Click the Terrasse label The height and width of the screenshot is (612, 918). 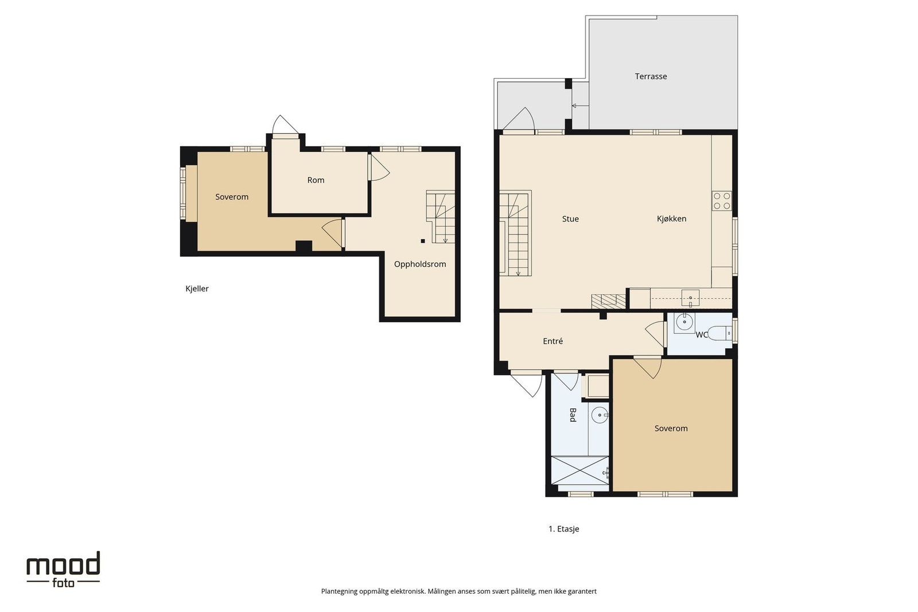(x=651, y=76)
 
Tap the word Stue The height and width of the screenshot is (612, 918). (x=570, y=219)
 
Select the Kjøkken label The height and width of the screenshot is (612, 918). (x=671, y=219)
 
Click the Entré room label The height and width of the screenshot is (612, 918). (x=553, y=341)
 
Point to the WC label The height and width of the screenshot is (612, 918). (x=701, y=334)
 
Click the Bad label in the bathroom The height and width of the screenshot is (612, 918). (x=573, y=415)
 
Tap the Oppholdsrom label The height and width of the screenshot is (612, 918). (x=419, y=264)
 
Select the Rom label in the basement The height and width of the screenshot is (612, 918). (x=316, y=180)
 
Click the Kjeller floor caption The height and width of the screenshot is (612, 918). (x=197, y=289)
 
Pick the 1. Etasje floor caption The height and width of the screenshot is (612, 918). (x=563, y=528)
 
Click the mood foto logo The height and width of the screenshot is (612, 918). (x=63, y=569)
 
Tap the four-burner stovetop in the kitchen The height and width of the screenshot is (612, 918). (x=722, y=201)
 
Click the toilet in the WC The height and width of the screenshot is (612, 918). (x=719, y=333)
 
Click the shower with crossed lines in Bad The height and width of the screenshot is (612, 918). (x=579, y=470)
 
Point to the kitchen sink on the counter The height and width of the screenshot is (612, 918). (x=690, y=298)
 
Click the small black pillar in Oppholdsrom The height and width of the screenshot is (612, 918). (x=422, y=241)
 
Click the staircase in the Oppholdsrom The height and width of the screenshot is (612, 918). (x=441, y=216)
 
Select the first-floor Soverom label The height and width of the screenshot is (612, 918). (x=671, y=428)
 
